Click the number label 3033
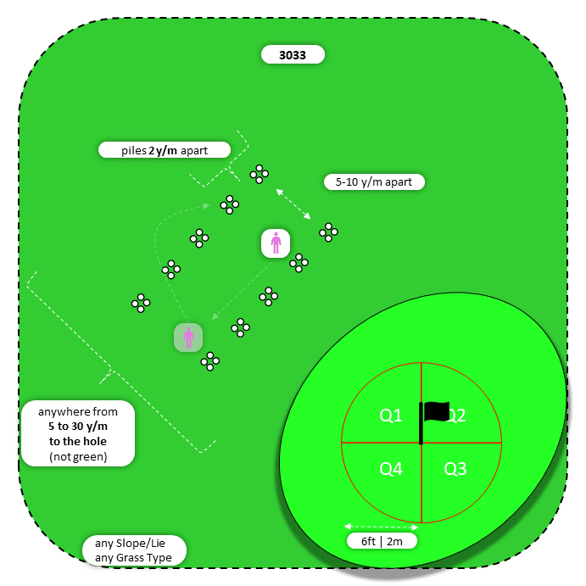(293, 55)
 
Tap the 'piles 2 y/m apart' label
(165, 150)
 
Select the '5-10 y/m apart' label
(374, 181)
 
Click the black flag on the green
(435, 412)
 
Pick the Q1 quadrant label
(391, 416)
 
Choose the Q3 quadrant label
(455, 469)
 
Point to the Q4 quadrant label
(391, 469)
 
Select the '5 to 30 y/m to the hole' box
(77, 433)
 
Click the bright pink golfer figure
(276, 243)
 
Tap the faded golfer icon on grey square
(188, 338)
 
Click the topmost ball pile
(259, 174)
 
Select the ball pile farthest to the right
(328, 231)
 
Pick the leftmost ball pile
(141, 303)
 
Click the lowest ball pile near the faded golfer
(209, 361)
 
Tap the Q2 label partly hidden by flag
(457, 416)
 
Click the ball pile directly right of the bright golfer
(299, 263)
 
